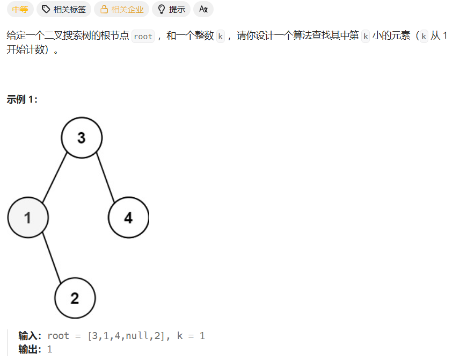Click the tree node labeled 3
tap(82, 138)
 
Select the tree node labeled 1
tap(28, 218)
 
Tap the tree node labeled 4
tap(128, 218)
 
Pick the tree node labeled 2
tap(75, 298)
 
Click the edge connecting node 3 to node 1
tap(55, 177)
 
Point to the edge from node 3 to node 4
tap(105, 178)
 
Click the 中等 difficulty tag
tap(20, 9)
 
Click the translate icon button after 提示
tap(203, 9)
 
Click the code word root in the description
tap(143, 37)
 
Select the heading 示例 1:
tap(22, 99)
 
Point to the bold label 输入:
tap(30, 336)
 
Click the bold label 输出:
tap(30, 349)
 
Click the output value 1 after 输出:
tap(50, 349)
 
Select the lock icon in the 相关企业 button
tap(105, 9)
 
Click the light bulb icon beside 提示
tap(161, 9)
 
